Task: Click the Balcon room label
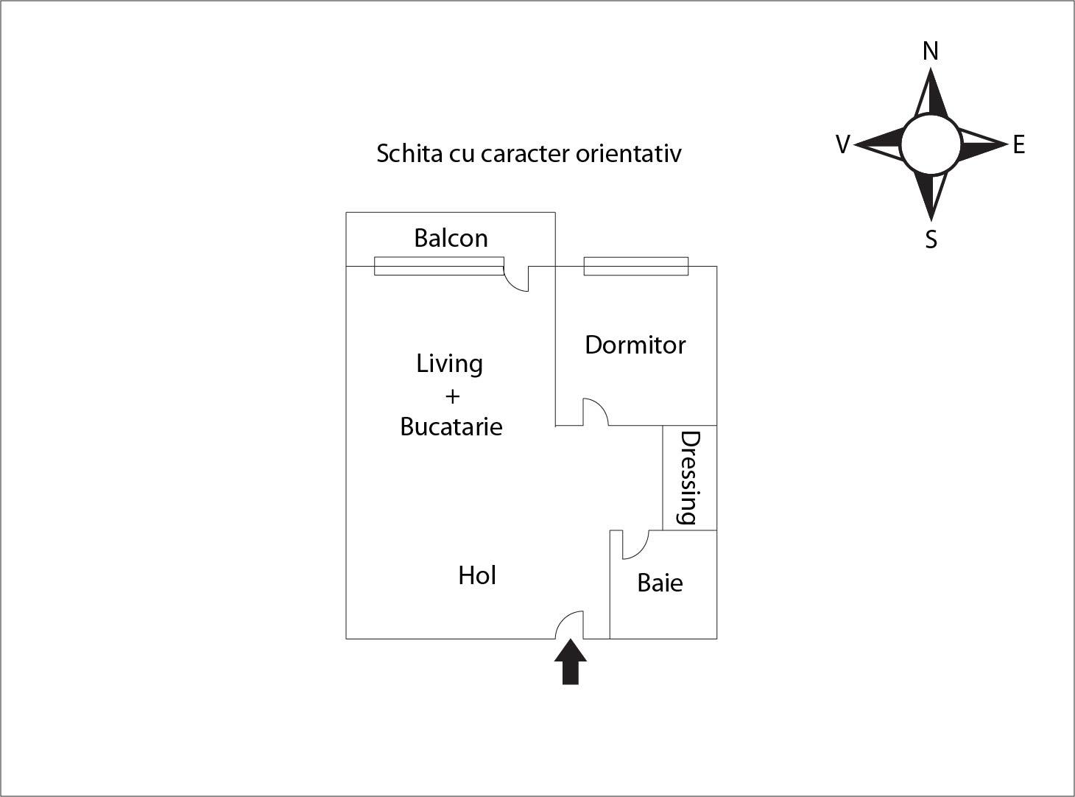point(451,238)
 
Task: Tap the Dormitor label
point(635,345)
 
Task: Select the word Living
point(449,364)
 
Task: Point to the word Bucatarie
point(451,426)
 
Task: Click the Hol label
point(476,575)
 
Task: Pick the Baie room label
point(660,583)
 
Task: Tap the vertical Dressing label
point(689,477)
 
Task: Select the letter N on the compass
point(931,51)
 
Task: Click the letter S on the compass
point(931,239)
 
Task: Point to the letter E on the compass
point(1018,144)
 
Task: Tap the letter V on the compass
point(843,144)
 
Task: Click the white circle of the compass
point(931,144)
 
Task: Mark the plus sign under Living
point(452,396)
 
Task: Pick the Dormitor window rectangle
point(635,267)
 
